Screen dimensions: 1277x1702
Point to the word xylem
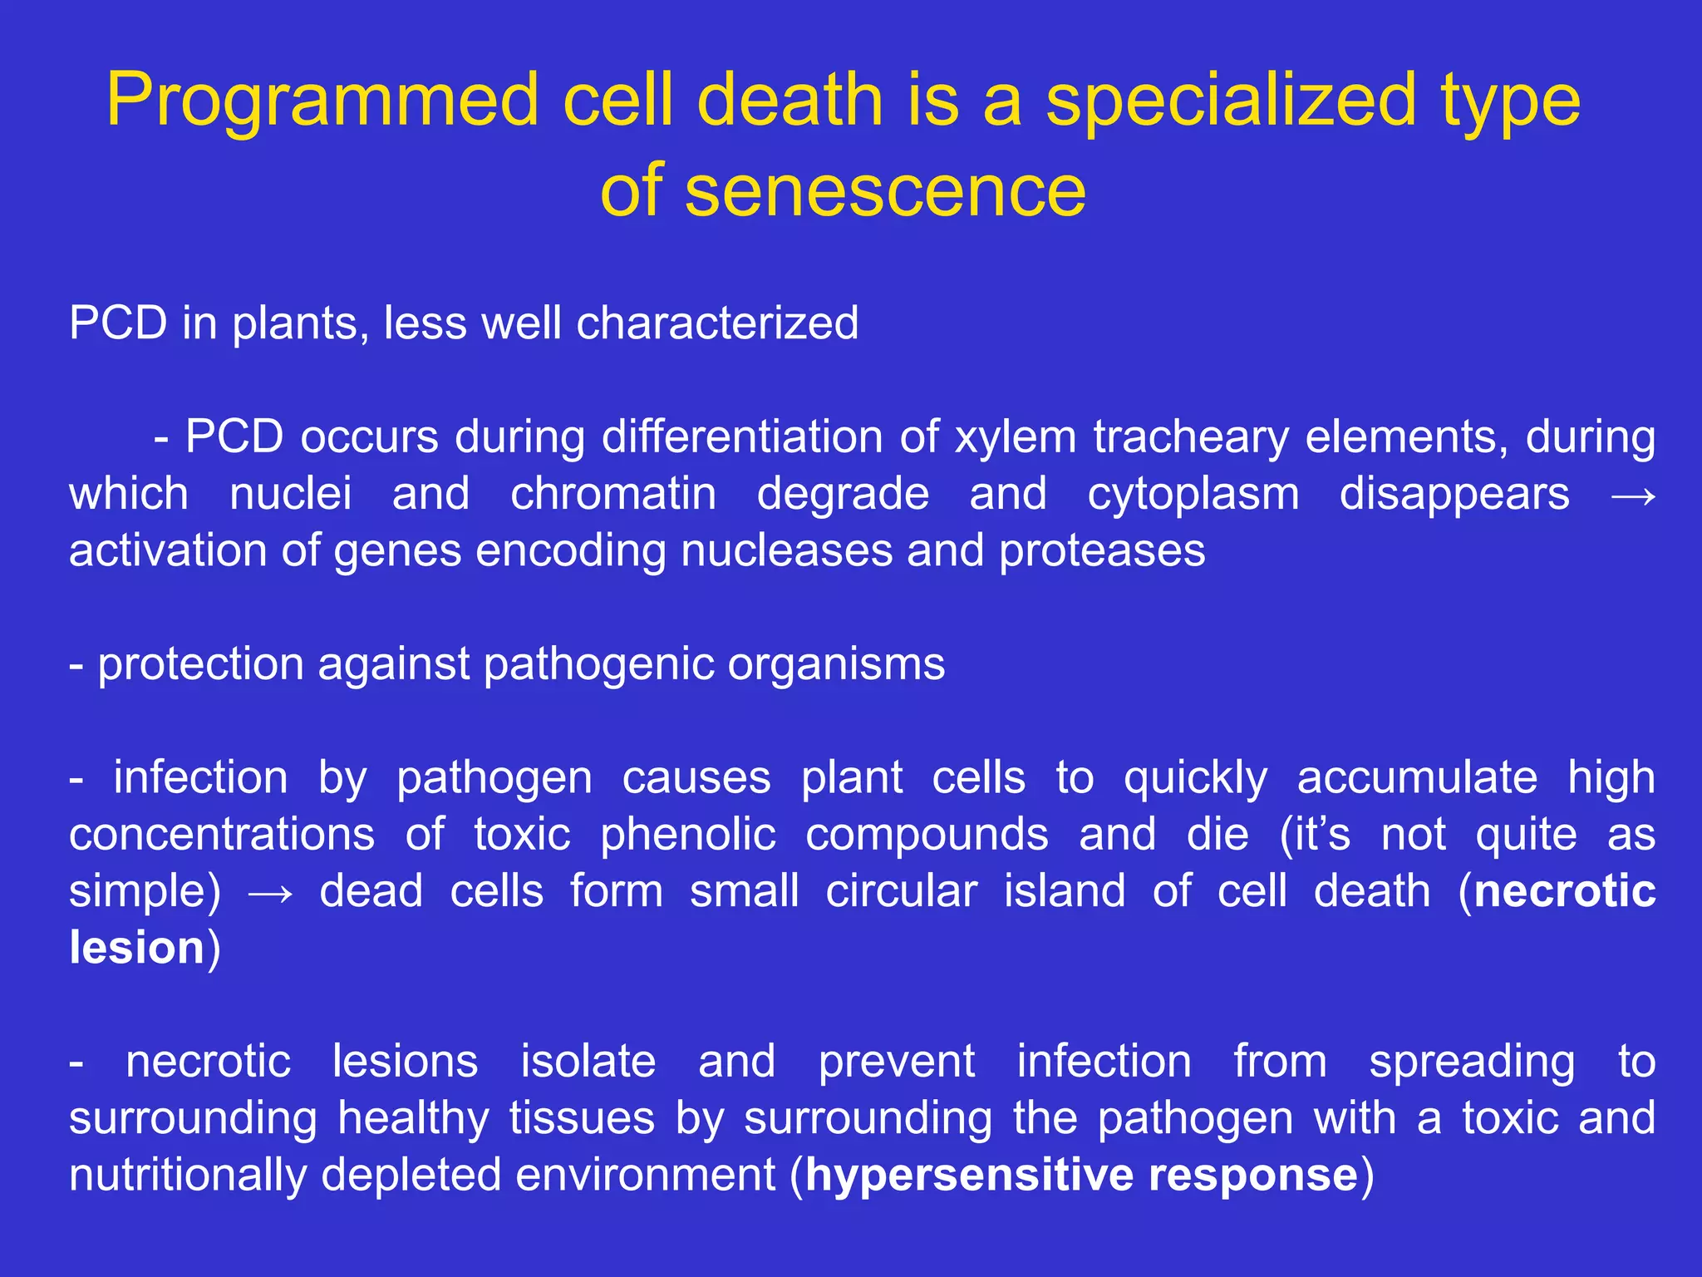coord(1016,437)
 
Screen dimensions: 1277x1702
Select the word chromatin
coord(612,494)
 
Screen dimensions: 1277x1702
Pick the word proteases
coord(1101,550)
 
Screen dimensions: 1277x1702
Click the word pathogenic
coord(598,665)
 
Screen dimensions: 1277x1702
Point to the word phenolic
coord(688,835)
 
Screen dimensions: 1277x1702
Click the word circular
coord(901,891)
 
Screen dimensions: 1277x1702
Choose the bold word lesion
coord(137,948)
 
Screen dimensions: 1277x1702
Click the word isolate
coord(588,1062)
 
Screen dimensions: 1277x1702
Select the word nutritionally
coord(188,1176)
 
